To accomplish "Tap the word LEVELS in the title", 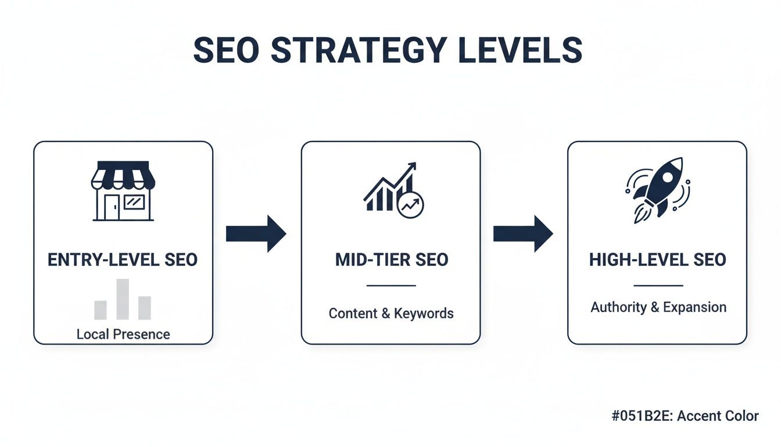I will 521,51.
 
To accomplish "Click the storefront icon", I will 123,191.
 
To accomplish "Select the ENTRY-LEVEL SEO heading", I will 123,260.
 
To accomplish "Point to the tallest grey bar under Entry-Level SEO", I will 123,299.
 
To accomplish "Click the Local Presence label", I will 123,335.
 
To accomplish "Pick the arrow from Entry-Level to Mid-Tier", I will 256,234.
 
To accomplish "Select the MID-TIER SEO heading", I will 392,260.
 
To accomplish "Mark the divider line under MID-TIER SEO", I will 392,286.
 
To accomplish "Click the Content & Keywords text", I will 391,314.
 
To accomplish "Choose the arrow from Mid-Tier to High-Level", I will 523,234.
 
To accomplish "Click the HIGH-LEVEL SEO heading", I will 658,260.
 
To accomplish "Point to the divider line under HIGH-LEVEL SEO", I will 658,286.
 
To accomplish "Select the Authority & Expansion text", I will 658,307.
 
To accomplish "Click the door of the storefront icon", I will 112,208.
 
